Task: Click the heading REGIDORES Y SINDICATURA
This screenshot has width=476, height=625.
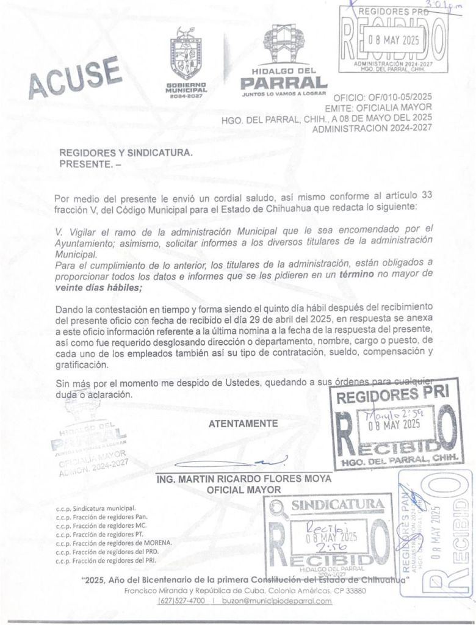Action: pos(126,153)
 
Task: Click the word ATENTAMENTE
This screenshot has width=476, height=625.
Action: pos(243,423)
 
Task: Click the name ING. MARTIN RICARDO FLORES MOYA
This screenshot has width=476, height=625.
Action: pos(244,479)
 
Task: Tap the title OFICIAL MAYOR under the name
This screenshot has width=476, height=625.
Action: pos(243,490)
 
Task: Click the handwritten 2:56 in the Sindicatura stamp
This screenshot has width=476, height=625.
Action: pos(326,547)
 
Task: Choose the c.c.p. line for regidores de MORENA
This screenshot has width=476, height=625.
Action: pos(114,542)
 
